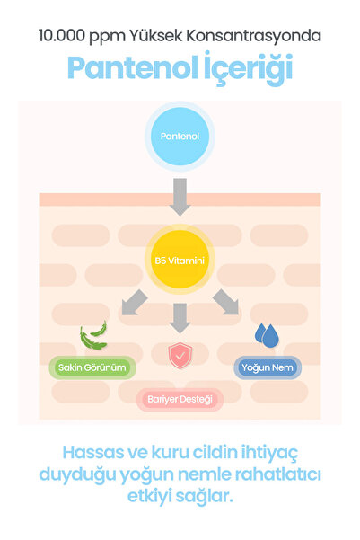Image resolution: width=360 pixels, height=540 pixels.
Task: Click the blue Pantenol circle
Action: (x=180, y=136)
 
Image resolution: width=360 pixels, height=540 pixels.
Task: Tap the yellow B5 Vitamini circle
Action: (x=180, y=260)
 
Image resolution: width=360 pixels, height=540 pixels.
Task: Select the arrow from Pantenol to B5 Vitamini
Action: (x=180, y=197)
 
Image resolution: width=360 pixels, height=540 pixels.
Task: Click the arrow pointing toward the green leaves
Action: (x=135, y=303)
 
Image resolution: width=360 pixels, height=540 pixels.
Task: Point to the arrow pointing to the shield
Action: (x=180, y=318)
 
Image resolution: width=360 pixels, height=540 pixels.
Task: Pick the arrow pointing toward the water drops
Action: (x=225, y=302)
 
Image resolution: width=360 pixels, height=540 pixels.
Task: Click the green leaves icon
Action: (x=93, y=335)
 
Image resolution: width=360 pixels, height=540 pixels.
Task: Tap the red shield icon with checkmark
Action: (x=180, y=356)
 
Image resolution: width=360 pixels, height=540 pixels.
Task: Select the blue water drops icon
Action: (x=267, y=335)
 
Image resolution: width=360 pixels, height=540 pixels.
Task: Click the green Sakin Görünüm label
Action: (x=92, y=367)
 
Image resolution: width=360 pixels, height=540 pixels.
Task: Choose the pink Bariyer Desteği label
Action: (x=180, y=400)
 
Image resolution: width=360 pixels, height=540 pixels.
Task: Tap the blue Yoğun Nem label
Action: (x=268, y=367)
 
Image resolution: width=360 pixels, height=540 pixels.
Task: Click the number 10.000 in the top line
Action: (x=62, y=36)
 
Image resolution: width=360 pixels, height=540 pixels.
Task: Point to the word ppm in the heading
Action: (x=107, y=37)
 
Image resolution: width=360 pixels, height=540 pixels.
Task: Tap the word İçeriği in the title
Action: (x=248, y=68)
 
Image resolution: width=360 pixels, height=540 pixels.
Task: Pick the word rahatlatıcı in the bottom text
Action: (x=278, y=474)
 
